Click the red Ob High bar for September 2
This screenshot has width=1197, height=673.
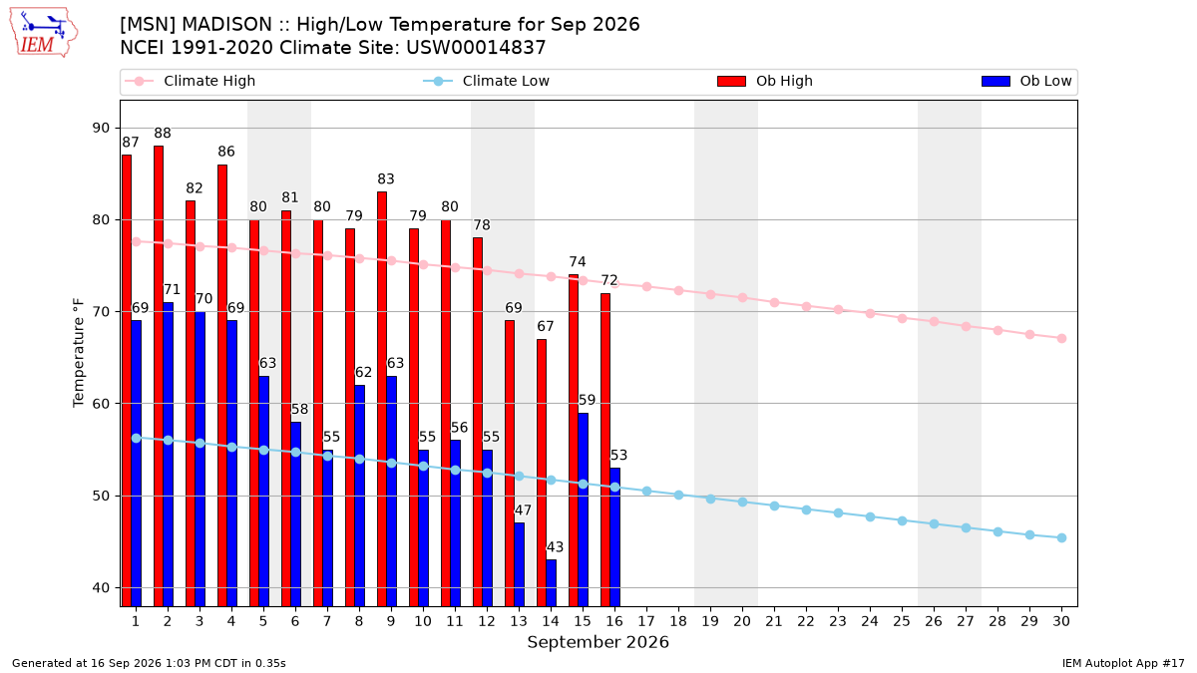pos(159,376)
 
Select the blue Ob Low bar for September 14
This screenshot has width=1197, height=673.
pos(551,582)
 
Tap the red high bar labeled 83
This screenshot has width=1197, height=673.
pos(382,399)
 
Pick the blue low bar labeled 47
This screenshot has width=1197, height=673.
pos(520,564)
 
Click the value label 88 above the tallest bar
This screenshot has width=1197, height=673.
pos(163,133)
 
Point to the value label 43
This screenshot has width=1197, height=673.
pos(555,547)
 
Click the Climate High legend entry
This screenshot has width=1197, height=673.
pos(191,81)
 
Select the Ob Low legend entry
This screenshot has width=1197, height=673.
pos(1026,81)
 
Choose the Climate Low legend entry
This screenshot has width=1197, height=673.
pos(487,81)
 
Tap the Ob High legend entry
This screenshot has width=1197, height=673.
pos(765,81)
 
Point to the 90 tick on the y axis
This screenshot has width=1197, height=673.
pos(101,129)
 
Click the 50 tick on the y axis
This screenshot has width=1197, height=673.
pos(101,497)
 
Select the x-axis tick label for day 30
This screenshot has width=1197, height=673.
pos(1061,621)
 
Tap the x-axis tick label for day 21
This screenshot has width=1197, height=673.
pos(774,621)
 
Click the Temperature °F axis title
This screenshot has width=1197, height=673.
pos(79,353)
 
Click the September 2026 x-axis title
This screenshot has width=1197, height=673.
pos(598,642)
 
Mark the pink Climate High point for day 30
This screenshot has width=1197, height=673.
pos(1061,339)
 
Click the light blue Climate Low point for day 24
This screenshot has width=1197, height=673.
pos(870,517)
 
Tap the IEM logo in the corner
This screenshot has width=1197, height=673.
pos(43,33)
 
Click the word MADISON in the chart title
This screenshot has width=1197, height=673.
pos(227,25)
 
